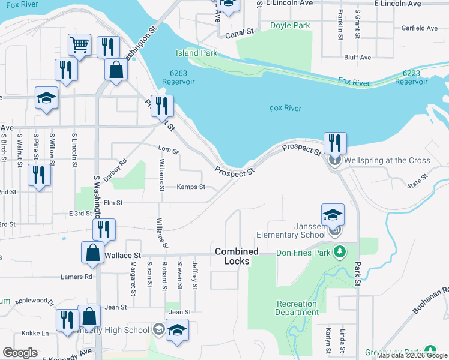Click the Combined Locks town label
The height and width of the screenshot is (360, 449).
pos(237,256)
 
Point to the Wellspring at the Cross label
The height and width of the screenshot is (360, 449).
pos(387,160)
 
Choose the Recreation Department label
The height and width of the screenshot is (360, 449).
pos(297,308)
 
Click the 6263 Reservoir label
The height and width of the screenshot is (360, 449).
pos(178,77)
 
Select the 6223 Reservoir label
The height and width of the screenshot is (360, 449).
pos(415,77)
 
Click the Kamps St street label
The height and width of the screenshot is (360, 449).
pos(191,187)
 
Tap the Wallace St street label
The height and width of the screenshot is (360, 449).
pos(122,256)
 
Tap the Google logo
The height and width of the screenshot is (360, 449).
pos(20,353)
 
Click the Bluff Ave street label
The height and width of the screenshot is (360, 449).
pos(358,58)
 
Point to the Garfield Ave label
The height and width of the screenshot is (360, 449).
pos(420,28)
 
